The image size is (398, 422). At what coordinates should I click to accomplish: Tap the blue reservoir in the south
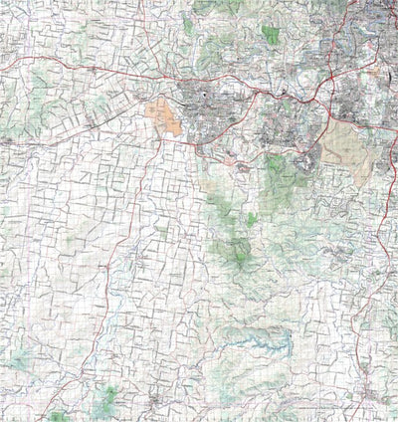(x=261, y=341)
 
